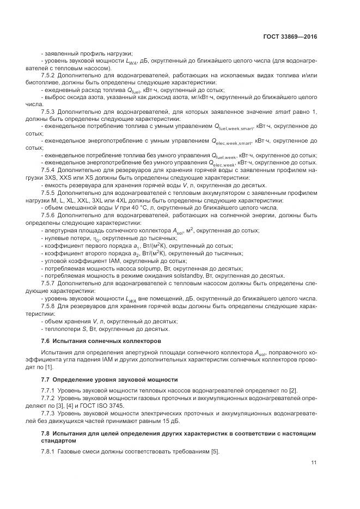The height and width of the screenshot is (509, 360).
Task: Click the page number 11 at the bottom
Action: [x=314, y=463]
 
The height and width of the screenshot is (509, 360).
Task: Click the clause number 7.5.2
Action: [x=50, y=75]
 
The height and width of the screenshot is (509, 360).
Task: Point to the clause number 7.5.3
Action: [x=50, y=111]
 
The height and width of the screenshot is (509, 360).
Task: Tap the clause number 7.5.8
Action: [x=50, y=306]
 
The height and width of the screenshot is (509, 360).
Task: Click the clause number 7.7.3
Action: [x=50, y=413]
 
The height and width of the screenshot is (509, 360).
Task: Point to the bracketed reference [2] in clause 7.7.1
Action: [x=294, y=391]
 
